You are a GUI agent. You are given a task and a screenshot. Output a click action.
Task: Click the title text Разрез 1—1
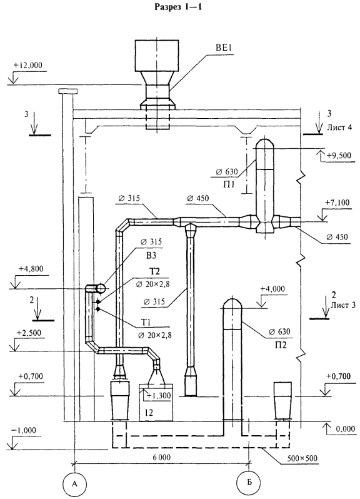[x=177, y=7]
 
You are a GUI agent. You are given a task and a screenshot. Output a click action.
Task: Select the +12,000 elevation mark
[x=27, y=65]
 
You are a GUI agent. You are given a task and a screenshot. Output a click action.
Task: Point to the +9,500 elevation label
[x=339, y=155]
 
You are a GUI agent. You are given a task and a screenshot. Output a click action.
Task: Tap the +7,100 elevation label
[x=337, y=203]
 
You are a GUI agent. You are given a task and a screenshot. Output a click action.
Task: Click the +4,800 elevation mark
[x=31, y=269]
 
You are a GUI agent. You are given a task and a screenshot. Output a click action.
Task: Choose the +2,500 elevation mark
[x=29, y=333]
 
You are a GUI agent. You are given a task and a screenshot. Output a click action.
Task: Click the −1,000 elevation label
[x=24, y=431]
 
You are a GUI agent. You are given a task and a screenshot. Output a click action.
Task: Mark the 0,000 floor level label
[x=345, y=429]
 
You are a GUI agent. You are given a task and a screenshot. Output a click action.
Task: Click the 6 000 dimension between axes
[x=161, y=458]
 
